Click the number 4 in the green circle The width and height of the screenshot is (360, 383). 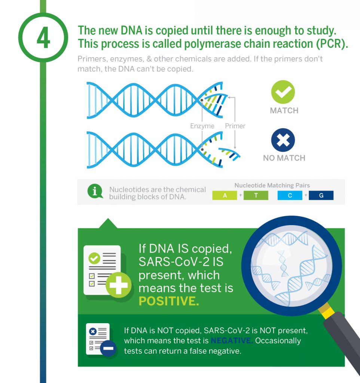[43, 38]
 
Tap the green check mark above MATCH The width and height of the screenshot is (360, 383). [283, 92]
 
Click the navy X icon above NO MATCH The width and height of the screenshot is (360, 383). [283, 140]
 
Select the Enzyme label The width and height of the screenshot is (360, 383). [202, 126]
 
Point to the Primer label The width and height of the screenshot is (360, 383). [235, 126]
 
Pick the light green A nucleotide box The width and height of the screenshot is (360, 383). [225, 195]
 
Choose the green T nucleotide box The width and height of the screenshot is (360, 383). [256, 195]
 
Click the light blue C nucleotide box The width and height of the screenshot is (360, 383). [290, 195]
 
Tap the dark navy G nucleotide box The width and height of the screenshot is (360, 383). [321, 195]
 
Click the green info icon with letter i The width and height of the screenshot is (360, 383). [95, 191]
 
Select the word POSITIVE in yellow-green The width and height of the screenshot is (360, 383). [169, 301]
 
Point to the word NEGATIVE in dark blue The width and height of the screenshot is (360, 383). [232, 340]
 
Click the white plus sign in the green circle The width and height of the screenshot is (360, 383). [119, 285]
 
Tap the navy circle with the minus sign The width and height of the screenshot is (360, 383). [108, 348]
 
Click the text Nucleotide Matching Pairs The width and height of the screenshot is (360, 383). [272, 186]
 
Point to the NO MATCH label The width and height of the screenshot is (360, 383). [284, 158]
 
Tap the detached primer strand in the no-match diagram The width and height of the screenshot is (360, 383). [229, 153]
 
